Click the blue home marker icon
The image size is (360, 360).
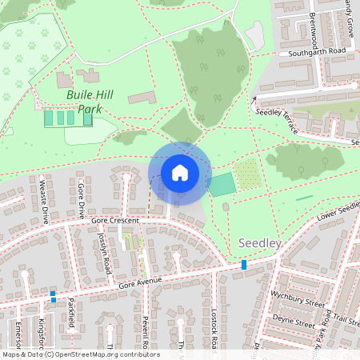click(x=179, y=173)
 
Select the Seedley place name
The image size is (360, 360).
click(x=258, y=242)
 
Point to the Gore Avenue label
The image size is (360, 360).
click(x=141, y=282)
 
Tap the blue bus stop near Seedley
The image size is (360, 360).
click(x=244, y=264)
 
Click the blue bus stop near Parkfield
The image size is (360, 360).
click(x=53, y=295)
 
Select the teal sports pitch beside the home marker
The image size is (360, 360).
click(x=222, y=184)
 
